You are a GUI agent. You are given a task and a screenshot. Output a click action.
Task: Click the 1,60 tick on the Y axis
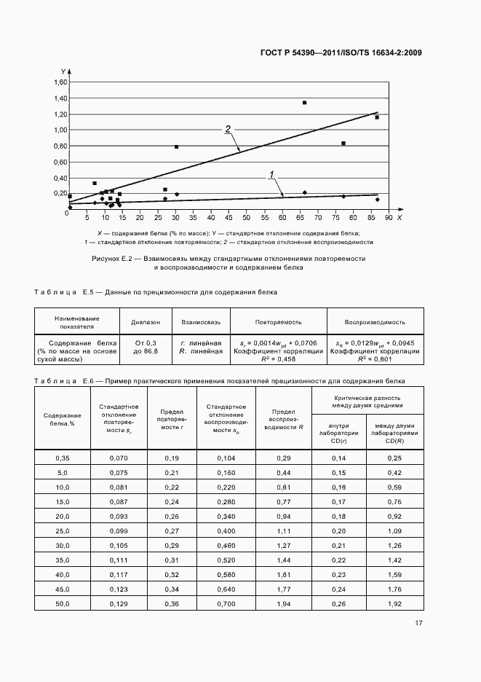57,82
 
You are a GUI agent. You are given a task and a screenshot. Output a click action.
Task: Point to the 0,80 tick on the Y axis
57,146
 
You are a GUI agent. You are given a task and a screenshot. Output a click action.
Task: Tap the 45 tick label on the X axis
228,217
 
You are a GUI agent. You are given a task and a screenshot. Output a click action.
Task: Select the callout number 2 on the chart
228,129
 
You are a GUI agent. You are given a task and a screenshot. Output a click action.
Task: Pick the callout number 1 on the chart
271,175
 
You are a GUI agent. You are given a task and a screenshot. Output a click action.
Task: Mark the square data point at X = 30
176,147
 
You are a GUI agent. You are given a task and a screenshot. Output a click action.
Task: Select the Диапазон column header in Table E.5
146,321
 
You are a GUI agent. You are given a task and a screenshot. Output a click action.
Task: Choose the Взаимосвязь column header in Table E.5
200,321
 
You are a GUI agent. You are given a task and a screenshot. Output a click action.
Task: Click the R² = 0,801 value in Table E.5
375,358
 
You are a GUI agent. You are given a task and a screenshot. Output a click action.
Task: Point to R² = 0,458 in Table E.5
277,358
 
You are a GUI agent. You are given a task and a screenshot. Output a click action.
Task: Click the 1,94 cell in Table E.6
283,605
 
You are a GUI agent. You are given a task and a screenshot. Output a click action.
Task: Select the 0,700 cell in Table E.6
226,605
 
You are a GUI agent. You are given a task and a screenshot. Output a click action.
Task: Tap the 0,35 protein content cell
62,457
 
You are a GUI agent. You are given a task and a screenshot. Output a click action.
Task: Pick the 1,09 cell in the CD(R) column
394,530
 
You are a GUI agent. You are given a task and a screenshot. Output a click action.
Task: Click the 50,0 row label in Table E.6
62,605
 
